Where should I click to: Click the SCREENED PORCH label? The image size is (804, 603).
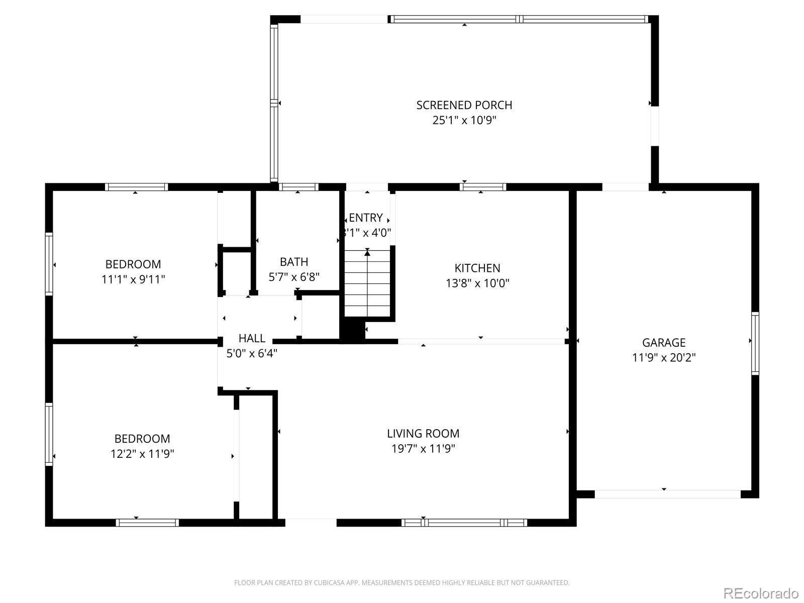tap(464, 105)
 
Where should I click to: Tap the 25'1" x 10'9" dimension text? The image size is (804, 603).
tap(464, 121)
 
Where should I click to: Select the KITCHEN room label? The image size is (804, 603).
tap(477, 268)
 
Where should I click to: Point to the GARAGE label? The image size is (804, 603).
tap(663, 343)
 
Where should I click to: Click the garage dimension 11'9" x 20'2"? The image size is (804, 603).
tap(663, 358)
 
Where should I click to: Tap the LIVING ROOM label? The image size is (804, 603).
tap(423, 433)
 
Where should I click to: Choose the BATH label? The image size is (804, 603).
tap(294, 262)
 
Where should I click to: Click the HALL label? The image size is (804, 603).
tap(252, 338)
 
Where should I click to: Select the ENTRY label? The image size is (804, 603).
tap(366, 218)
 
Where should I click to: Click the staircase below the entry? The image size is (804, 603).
tap(367, 284)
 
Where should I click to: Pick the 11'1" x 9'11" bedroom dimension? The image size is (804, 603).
tap(133, 279)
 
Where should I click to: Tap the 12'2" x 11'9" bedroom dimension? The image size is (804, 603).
tap(142, 454)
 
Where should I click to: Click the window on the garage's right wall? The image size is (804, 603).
tap(755, 343)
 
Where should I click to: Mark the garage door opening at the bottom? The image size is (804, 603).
tap(667, 494)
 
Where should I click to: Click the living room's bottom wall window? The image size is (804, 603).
tap(464, 523)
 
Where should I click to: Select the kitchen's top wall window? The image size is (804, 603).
tap(482, 187)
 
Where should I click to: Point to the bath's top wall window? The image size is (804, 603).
tap(298, 187)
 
